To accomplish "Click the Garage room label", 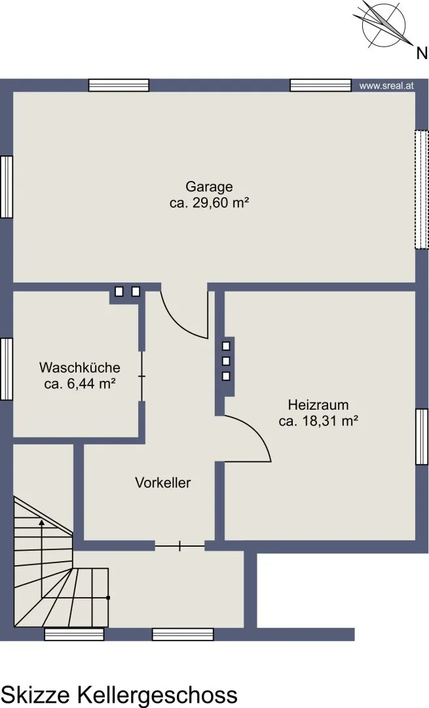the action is (210, 187).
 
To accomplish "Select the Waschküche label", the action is (80, 368).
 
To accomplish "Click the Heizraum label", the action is (318, 404).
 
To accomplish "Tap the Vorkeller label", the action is (163, 482).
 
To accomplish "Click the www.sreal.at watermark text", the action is (386, 86).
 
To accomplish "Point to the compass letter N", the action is (422, 54).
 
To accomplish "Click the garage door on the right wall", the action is (421, 189).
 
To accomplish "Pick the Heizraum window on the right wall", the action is (421, 437).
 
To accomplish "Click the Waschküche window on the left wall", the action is (7, 369).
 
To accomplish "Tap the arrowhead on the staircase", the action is (41, 522).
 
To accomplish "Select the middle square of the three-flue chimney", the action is (226, 361).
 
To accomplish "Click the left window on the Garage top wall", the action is (119, 85).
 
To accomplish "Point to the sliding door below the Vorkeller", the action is (180, 546).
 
